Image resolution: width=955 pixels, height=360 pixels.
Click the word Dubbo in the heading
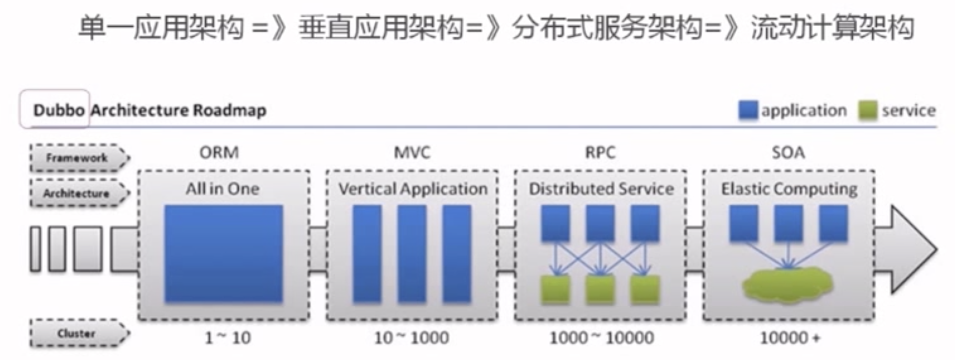(x=59, y=110)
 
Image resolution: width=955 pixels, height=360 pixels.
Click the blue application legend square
(x=748, y=111)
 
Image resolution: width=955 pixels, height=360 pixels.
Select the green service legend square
(x=868, y=111)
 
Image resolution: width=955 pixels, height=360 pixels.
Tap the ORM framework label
(x=219, y=152)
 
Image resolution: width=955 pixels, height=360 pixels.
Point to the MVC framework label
(x=412, y=152)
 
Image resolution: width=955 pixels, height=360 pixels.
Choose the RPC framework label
(x=600, y=152)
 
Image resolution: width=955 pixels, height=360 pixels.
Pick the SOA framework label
(x=788, y=152)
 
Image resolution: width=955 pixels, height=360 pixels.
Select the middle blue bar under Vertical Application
(x=412, y=254)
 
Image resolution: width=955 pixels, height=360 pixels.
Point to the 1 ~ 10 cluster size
(x=228, y=338)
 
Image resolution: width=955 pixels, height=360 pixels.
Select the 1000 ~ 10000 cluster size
(x=601, y=338)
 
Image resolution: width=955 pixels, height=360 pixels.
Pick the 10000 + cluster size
(x=790, y=338)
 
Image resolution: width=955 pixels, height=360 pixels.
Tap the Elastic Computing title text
(x=789, y=189)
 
